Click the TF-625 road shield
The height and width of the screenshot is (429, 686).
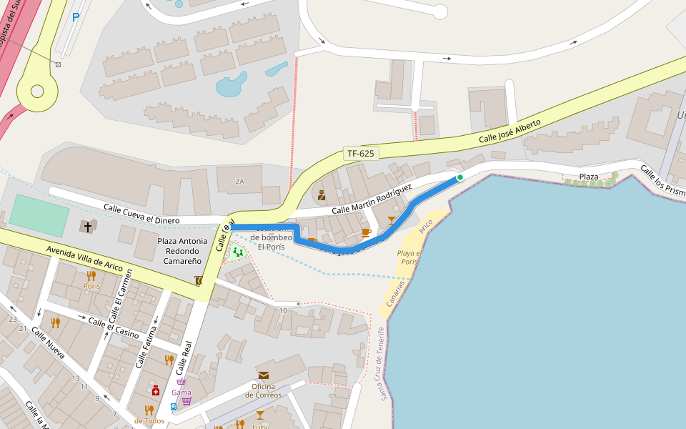(361, 153)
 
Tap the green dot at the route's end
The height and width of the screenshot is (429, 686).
(460, 177)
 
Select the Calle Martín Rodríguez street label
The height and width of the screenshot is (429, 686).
(372, 199)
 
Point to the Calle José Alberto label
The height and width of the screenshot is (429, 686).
(509, 131)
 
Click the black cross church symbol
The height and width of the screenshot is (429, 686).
(88, 227)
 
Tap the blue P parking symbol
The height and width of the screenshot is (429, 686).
(75, 17)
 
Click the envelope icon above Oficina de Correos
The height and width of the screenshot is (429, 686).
(264, 375)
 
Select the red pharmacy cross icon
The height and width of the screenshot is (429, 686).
(155, 390)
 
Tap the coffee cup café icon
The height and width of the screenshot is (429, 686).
(366, 232)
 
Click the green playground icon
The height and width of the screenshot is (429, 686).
(238, 251)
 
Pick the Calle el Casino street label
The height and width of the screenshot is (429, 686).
(113, 327)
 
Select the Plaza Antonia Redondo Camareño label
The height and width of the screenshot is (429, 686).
(182, 251)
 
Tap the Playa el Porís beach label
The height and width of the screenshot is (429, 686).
(409, 257)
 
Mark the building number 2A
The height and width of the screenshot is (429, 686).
(239, 182)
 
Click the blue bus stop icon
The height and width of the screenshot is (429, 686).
(174, 406)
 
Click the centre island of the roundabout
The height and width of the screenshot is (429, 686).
(37, 91)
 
